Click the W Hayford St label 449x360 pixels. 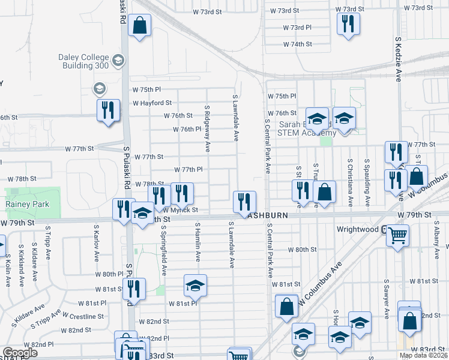click(152, 103)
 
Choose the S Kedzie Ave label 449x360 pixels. click(398, 58)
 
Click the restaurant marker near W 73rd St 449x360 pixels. click(347, 23)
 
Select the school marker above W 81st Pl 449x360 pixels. click(195, 286)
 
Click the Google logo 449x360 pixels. click(20, 353)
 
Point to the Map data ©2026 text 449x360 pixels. click(424, 356)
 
